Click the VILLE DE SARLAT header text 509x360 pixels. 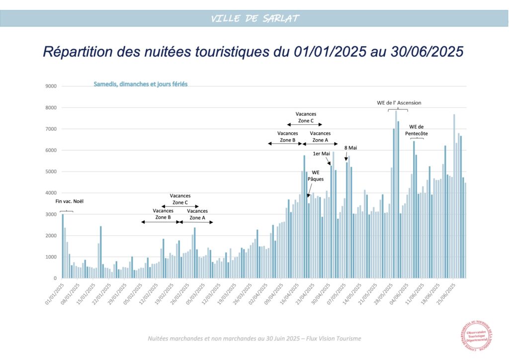point(254,18)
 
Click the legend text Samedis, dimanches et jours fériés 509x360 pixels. point(141,85)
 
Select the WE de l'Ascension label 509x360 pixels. point(399,103)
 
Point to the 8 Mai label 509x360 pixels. point(350,148)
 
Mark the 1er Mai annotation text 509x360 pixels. point(321,154)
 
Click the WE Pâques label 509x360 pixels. point(315,176)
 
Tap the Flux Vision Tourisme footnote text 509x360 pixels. point(254,339)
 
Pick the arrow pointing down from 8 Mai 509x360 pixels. point(346,157)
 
